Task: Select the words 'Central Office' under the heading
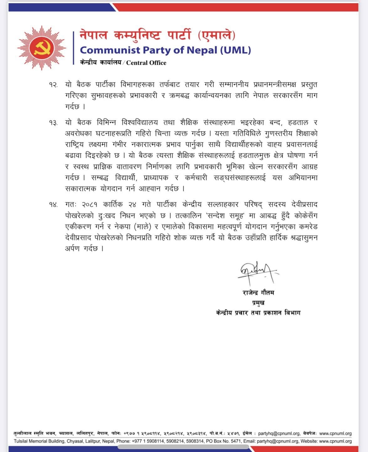click(x=146, y=63)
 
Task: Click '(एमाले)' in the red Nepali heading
click(x=217, y=35)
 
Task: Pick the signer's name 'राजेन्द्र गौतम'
click(x=258, y=293)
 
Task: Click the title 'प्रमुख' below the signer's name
click(x=258, y=303)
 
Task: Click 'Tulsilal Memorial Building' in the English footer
click(x=39, y=441)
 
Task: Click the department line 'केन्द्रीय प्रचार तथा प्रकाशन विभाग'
click(x=258, y=313)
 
